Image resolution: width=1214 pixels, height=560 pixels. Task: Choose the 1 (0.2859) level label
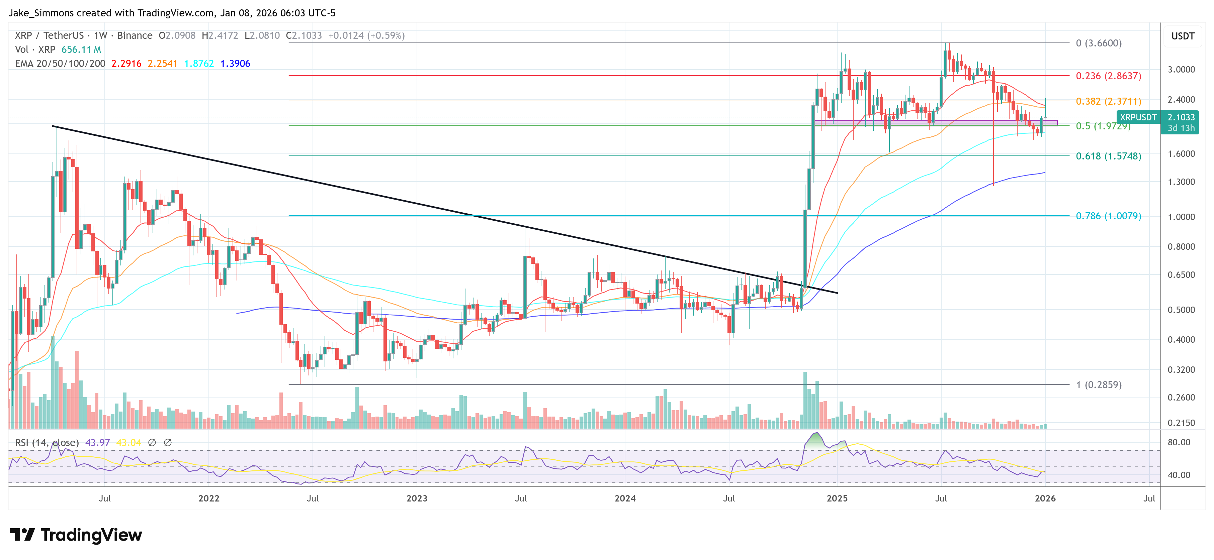tap(1098, 385)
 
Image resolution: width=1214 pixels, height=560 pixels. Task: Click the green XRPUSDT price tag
tap(1138, 117)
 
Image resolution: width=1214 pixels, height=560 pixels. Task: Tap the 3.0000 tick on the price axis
tap(1181, 70)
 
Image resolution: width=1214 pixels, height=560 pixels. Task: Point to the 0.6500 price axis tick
tap(1181, 274)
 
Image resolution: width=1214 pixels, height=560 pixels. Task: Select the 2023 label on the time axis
tap(417, 498)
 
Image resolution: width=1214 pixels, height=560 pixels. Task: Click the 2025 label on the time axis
tap(837, 498)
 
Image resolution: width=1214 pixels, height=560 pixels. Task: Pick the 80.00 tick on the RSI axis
tap(1179, 442)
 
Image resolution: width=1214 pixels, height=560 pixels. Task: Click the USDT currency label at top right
tap(1183, 36)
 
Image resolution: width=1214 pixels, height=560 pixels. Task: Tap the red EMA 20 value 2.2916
tap(126, 64)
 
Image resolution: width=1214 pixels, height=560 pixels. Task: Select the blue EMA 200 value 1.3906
tap(235, 64)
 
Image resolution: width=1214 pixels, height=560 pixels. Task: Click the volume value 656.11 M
tap(81, 49)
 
